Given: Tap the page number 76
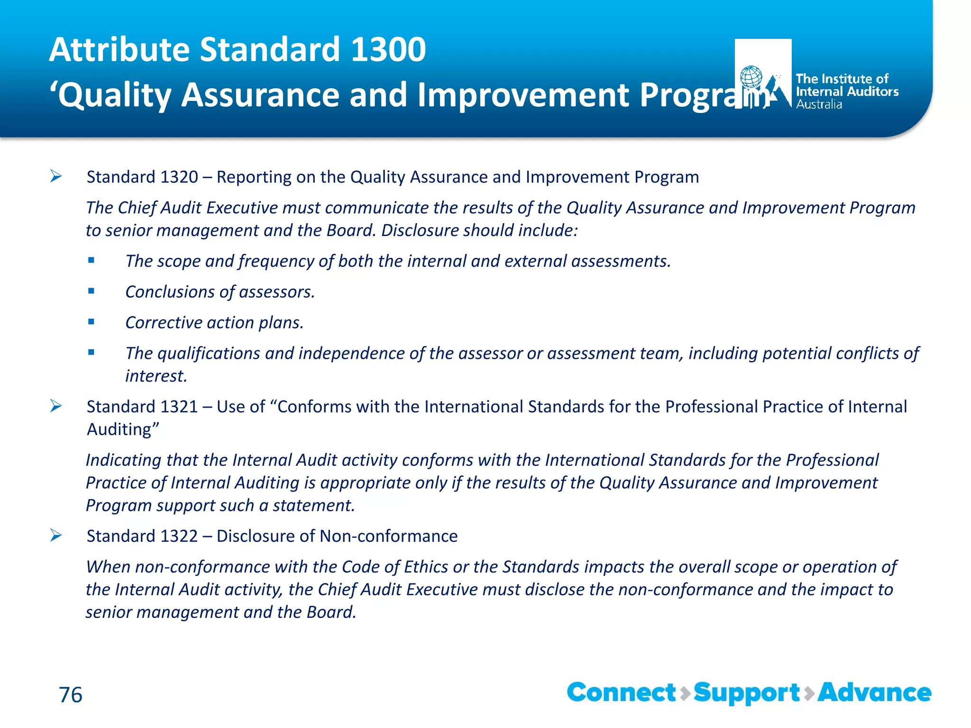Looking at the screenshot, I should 71,695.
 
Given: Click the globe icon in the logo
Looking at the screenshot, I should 751,77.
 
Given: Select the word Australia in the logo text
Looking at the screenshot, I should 819,105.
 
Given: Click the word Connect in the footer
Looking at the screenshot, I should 621,693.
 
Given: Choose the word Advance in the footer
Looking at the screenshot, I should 875,693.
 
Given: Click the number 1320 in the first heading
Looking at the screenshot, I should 179,177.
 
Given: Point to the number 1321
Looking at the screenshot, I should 179,407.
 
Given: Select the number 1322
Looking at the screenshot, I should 179,537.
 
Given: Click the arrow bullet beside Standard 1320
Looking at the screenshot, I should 56,177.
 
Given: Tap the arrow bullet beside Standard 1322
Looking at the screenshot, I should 56,536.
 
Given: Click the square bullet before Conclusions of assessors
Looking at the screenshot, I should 91,291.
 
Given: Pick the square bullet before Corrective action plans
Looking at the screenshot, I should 91,322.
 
